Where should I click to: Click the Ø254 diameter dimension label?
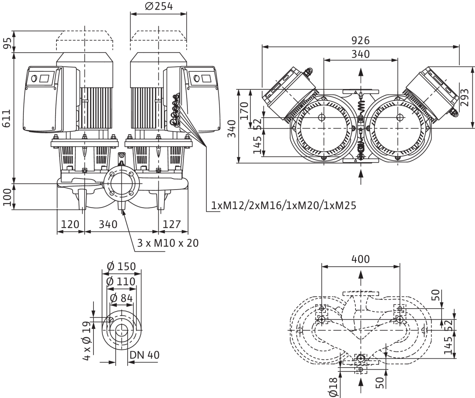pos(159,6)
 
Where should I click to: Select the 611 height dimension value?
pos(7,118)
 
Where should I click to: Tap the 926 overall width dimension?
pos(361,41)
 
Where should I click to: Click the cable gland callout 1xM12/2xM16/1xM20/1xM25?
pos(284,205)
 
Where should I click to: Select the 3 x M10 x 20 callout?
pos(168,243)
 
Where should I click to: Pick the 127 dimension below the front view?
pos(172,224)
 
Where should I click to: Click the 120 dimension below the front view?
pos(70,224)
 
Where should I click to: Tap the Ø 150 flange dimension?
pos(121,266)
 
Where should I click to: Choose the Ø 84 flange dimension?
pos(121,298)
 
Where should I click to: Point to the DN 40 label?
pos(144,355)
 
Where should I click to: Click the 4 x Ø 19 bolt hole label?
pos(87,341)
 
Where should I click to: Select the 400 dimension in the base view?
pos(361,259)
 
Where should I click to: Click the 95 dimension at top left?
pos(7,43)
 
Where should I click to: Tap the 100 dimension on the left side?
pos(7,197)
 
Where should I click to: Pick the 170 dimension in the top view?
pos(244,111)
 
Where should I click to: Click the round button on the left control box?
pos(34,79)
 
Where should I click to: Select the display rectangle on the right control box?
pos(206,78)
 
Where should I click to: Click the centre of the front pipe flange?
pos(121,183)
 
